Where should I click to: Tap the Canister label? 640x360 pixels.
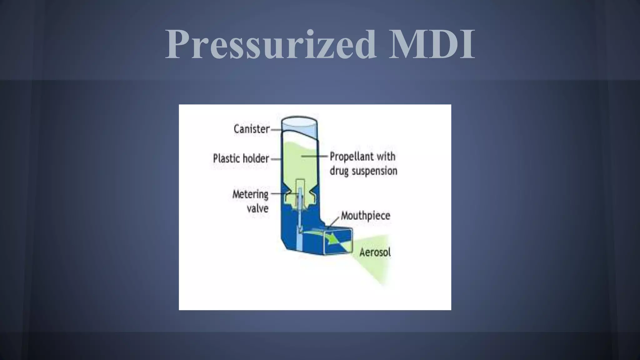tap(251, 129)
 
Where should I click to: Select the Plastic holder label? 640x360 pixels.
tap(241, 158)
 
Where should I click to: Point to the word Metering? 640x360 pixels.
tap(250, 194)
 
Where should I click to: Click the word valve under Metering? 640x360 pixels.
tap(257, 208)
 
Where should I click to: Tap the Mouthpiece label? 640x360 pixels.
tap(365, 216)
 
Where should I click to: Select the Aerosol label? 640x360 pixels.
tap(375, 252)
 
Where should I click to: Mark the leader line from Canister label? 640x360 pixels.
tap(276, 129)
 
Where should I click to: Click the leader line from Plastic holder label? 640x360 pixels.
tap(276, 159)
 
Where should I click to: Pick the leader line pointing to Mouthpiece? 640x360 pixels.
tap(334, 223)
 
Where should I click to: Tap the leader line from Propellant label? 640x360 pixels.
tap(314, 156)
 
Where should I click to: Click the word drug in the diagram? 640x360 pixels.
tap(339, 171)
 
